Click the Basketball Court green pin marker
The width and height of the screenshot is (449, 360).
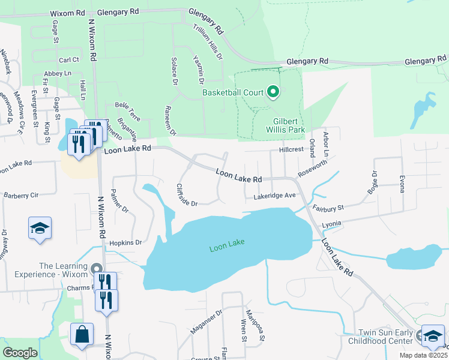coord(273,92)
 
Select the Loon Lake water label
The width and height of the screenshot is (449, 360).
coord(227,248)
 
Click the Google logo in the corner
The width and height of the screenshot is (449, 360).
coord(20,352)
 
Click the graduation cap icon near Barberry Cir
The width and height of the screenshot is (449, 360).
coord(40,229)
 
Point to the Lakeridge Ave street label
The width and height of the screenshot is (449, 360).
coord(274,196)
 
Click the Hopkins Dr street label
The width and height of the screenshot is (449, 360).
coord(125,242)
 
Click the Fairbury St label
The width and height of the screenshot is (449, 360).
coord(328,208)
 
